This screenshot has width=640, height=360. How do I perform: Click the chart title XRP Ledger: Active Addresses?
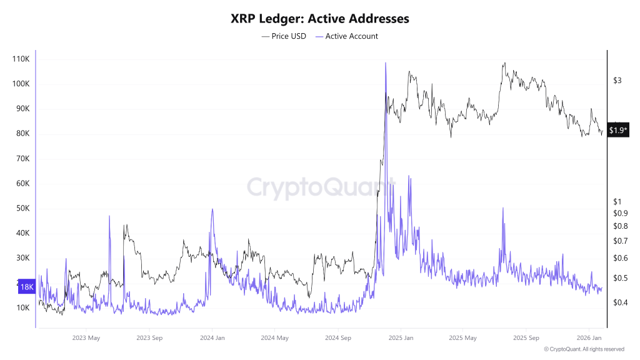tap(319, 19)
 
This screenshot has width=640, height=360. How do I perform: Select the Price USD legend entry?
tap(284, 36)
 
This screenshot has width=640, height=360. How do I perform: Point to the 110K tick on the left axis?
tap(21, 59)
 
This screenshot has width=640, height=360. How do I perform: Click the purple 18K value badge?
tap(27, 287)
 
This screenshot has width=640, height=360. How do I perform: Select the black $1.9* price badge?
tap(618, 130)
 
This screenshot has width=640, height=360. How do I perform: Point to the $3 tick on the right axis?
tap(617, 81)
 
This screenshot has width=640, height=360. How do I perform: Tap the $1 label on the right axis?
tap(617, 201)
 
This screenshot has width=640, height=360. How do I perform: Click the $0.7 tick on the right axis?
tap(620, 241)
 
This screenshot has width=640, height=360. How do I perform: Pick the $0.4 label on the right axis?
tap(620, 302)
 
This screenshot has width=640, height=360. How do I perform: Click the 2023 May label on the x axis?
tap(86, 338)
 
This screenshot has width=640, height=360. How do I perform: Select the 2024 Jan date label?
tap(212, 338)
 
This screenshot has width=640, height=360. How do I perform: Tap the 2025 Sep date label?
tap(526, 338)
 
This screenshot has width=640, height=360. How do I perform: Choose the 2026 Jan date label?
tap(589, 338)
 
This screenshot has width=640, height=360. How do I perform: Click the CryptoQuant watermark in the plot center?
tap(319, 187)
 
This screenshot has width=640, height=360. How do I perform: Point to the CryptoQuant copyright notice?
tap(584, 349)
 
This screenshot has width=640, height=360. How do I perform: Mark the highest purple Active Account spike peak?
tap(386, 63)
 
